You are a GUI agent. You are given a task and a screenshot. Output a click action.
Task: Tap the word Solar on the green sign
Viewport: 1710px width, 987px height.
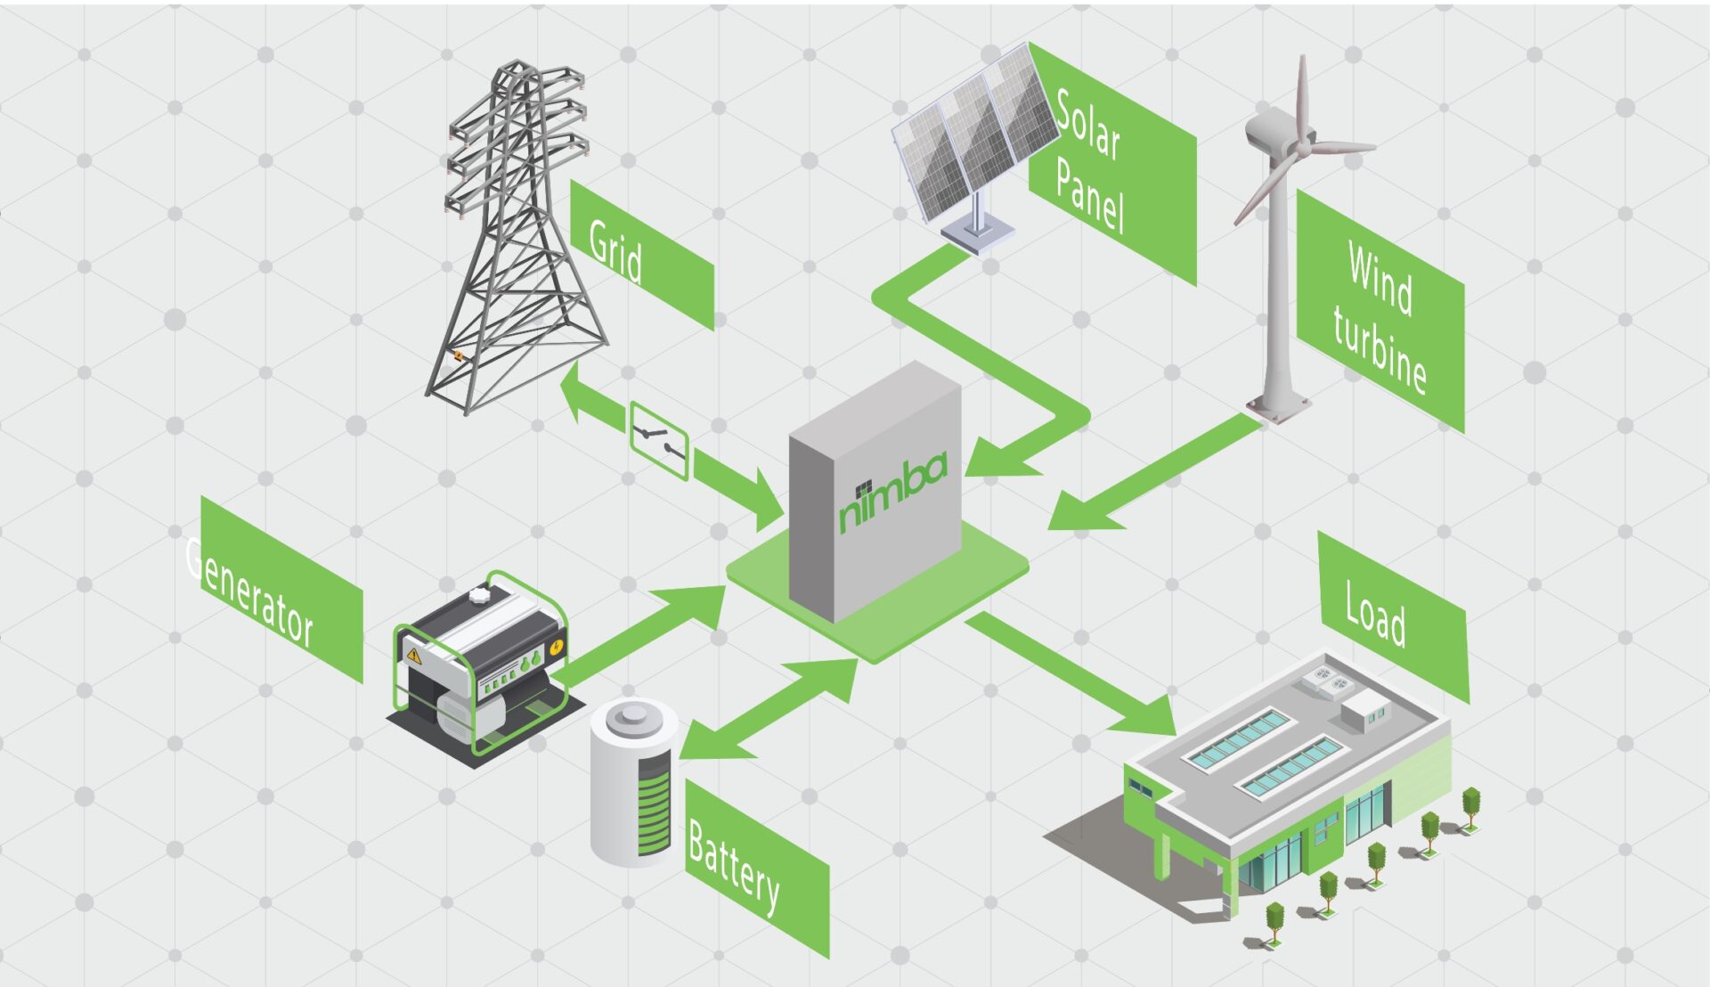tap(1087, 127)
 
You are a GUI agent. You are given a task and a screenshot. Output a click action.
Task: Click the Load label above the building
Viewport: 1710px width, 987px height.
tap(1375, 614)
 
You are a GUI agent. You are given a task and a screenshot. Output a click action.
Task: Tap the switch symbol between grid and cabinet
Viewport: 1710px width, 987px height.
tap(659, 440)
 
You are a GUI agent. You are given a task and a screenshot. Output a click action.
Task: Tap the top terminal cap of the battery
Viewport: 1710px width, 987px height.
tap(633, 716)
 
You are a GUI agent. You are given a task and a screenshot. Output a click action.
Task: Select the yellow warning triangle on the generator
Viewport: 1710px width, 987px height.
tap(413, 656)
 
